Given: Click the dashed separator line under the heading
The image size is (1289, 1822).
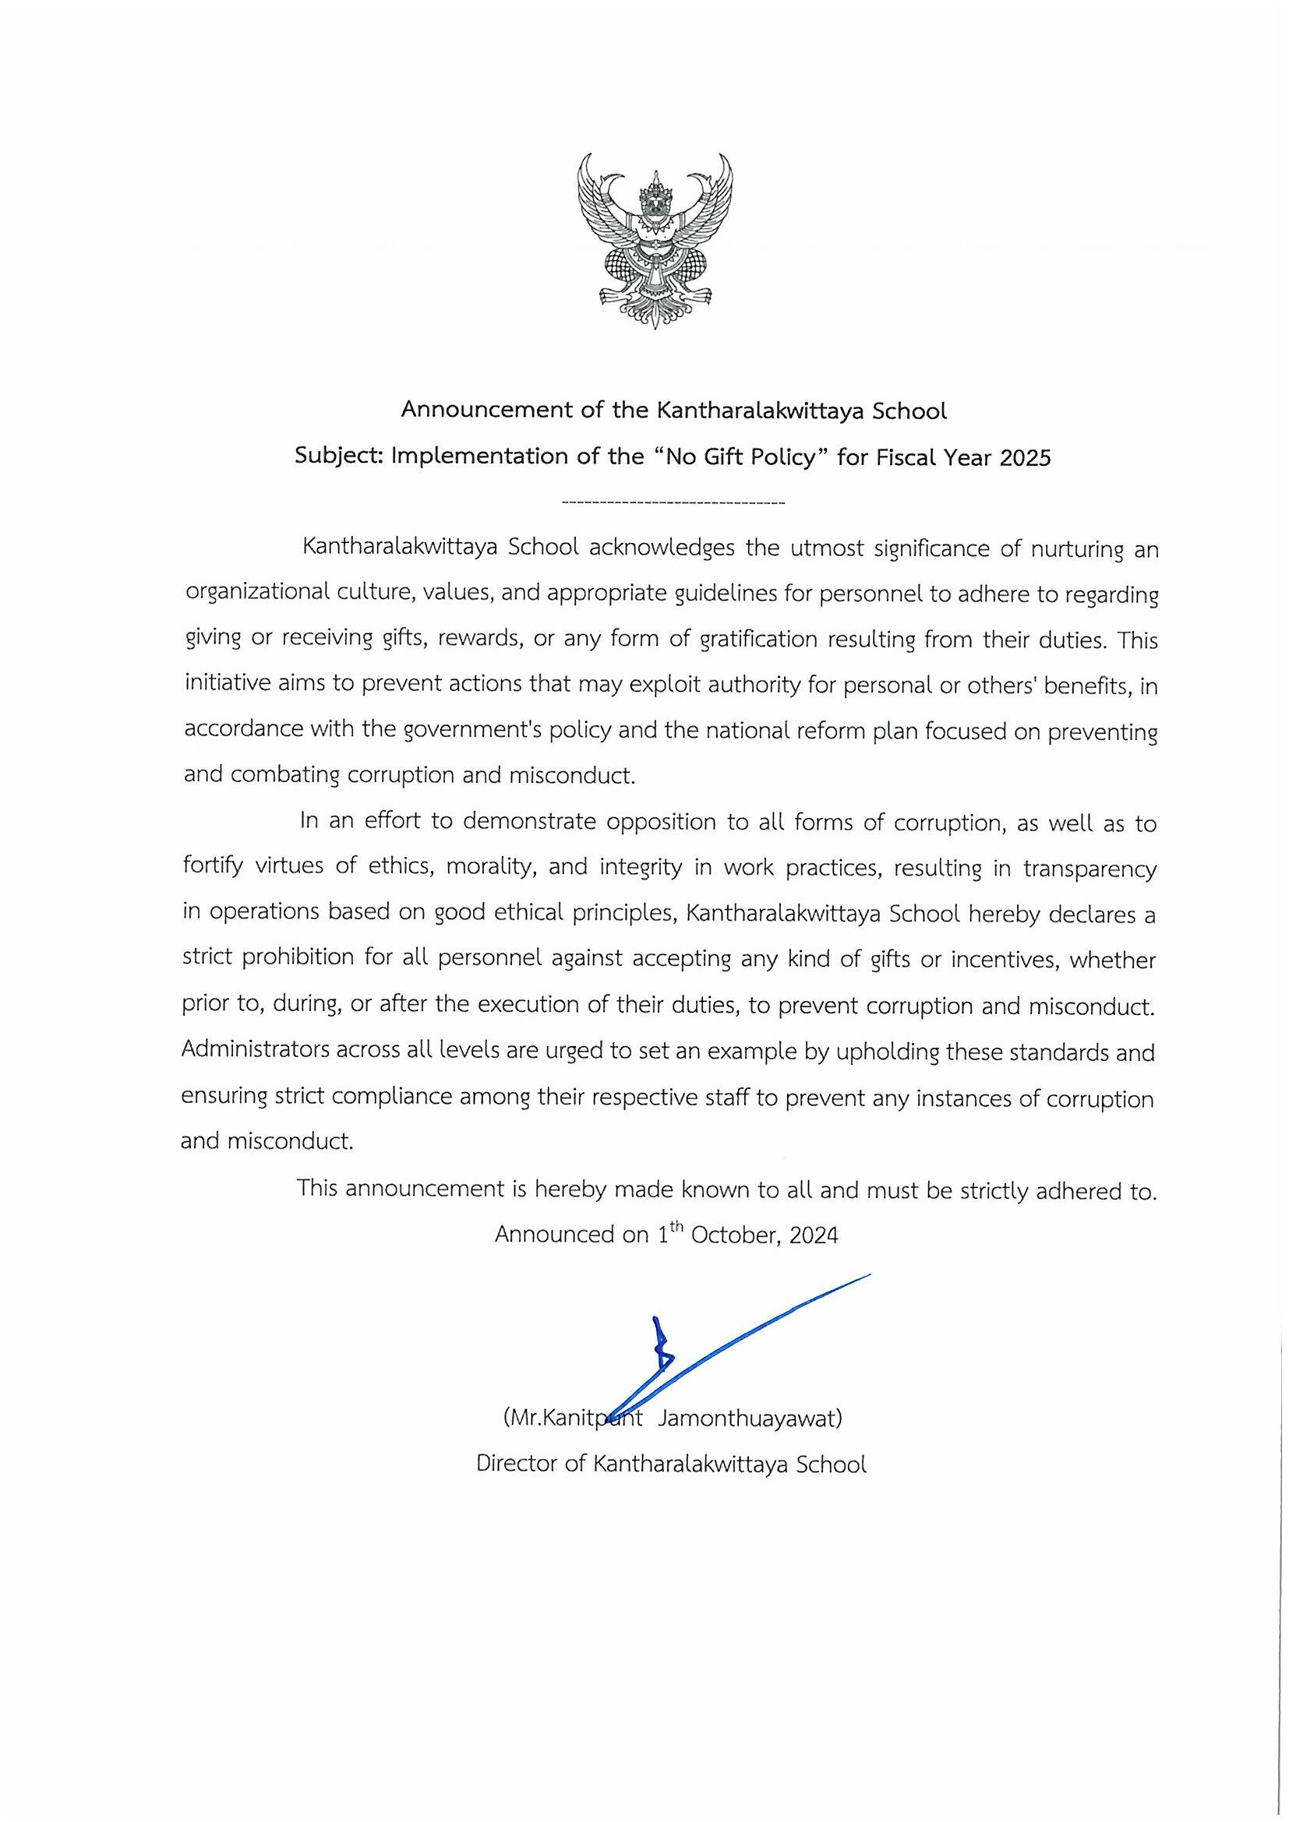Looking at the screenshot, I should tap(673, 503).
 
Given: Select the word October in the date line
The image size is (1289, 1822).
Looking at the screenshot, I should tap(733, 1235).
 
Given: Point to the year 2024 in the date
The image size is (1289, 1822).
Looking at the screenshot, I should tap(814, 1235).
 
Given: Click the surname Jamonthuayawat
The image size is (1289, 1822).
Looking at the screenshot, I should tap(749, 1418).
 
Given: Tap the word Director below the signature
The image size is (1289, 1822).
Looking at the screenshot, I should tap(519, 1464).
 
